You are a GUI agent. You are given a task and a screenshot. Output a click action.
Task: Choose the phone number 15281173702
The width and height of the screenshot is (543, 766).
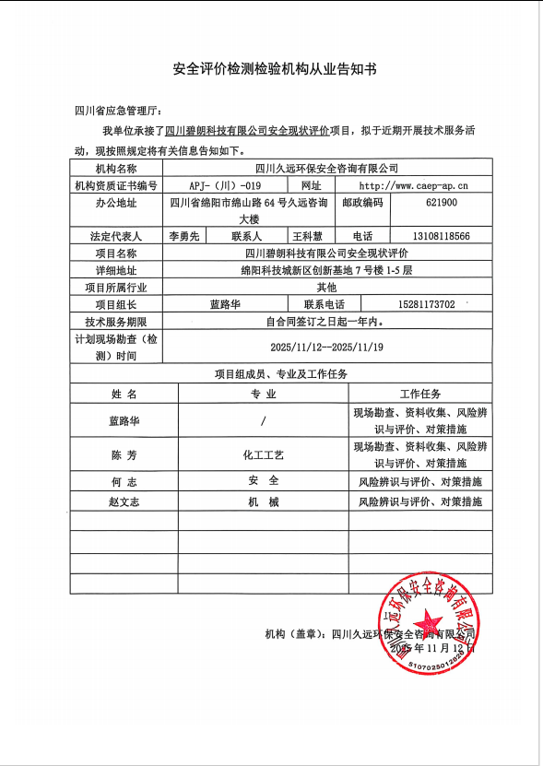coord(420,304)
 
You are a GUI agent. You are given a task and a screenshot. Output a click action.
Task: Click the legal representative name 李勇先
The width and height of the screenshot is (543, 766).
coord(185,236)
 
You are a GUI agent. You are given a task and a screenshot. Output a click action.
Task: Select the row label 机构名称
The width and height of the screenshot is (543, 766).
coord(115,169)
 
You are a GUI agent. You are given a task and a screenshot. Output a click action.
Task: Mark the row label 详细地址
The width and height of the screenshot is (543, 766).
coord(115,270)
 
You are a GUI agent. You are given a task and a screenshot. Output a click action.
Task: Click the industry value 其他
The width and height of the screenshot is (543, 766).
coord(327,287)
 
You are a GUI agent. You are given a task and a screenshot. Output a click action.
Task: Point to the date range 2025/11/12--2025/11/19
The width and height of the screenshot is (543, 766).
coord(327,347)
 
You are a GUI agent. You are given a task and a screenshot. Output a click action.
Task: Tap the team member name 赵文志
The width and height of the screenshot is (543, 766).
coord(124,502)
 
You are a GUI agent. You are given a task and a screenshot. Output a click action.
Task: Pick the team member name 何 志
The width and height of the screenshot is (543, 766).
coord(124,481)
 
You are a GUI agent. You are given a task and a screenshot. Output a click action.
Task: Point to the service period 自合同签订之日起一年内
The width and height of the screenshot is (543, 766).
coord(327,322)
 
